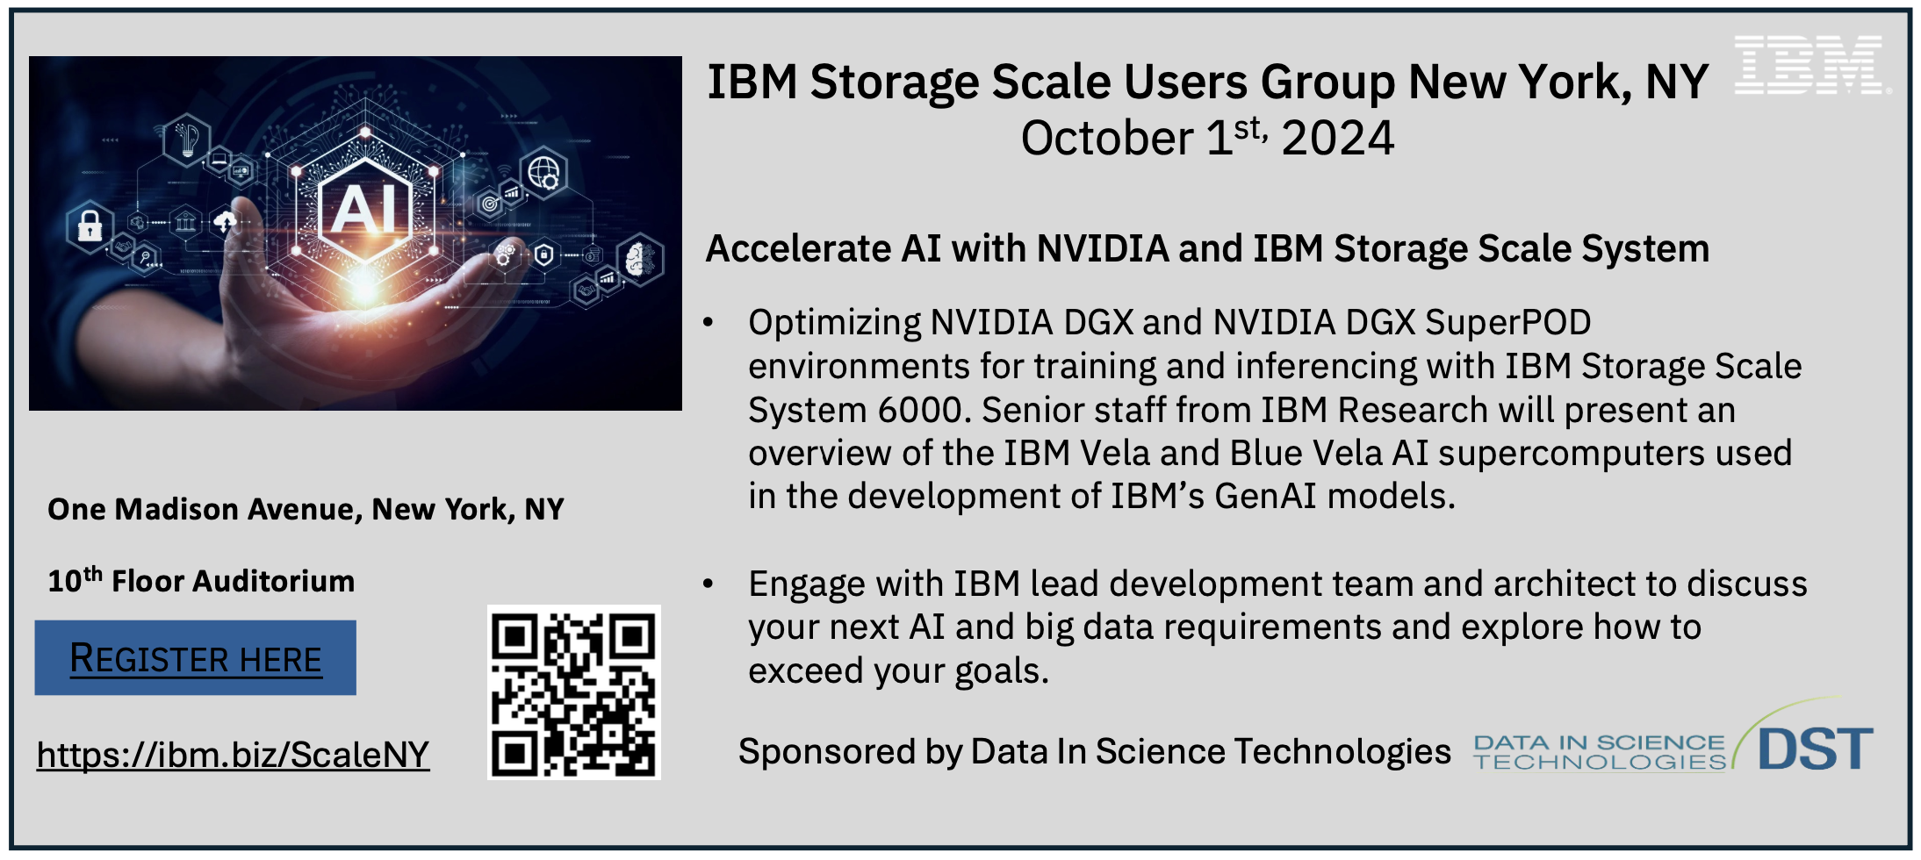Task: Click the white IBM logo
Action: [x=1810, y=65]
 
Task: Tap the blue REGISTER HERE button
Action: [x=196, y=657]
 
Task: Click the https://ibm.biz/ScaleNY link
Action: [x=234, y=755]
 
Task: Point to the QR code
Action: [x=574, y=692]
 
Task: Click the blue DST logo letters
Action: [x=1816, y=749]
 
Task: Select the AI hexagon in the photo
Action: [x=365, y=209]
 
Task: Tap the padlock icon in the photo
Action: [x=90, y=226]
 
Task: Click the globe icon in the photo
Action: [x=543, y=172]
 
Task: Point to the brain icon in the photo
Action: [x=640, y=259]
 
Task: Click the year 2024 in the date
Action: [x=1338, y=139]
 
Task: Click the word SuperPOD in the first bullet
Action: [x=1508, y=323]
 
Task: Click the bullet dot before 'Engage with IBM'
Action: [x=709, y=584]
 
